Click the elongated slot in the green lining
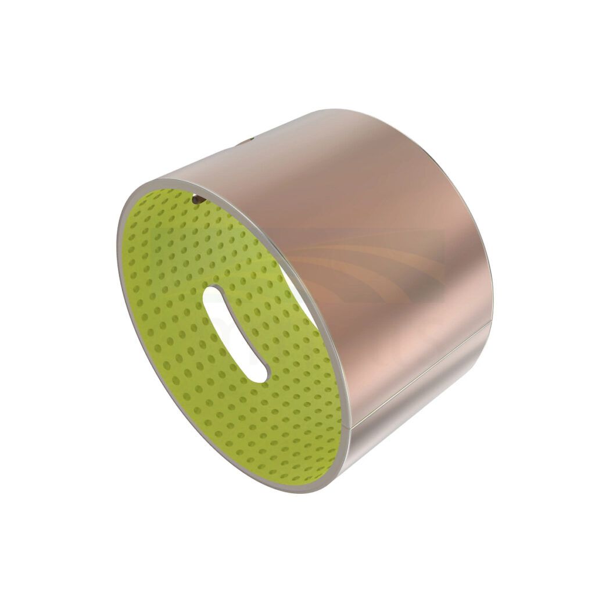(x=235, y=334)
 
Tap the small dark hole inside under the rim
(x=198, y=199)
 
